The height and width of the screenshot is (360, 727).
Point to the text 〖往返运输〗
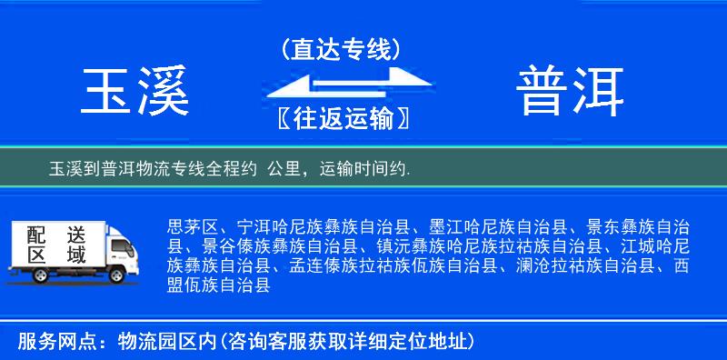click(341, 118)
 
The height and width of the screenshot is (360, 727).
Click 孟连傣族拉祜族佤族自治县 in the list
click(393, 266)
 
